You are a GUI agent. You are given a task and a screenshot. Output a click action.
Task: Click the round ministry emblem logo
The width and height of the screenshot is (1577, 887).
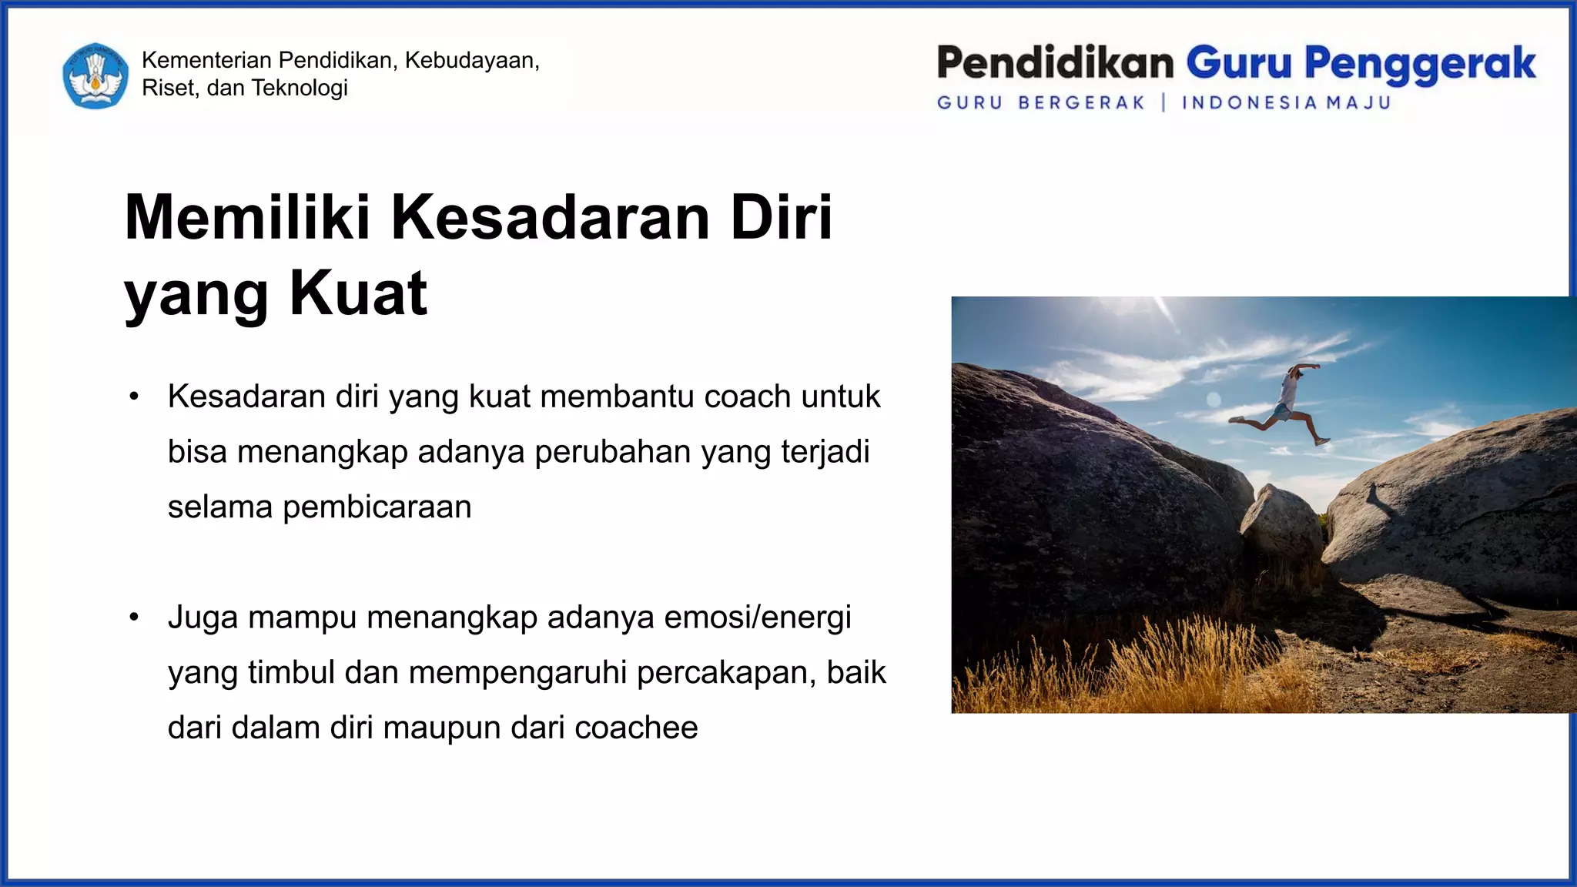(95, 75)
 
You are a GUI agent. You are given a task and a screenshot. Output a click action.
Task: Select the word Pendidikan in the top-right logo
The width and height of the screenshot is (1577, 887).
(1055, 63)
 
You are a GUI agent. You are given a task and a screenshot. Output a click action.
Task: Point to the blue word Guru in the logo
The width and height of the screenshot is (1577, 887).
(1238, 63)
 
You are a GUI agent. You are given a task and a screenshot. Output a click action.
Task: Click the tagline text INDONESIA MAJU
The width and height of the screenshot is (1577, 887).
(1286, 102)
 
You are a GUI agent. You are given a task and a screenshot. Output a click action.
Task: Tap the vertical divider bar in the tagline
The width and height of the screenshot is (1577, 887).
(1163, 102)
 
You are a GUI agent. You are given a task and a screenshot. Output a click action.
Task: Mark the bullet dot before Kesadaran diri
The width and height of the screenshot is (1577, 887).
(134, 397)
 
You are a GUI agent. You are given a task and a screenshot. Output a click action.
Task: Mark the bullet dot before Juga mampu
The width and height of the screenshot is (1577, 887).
(134, 618)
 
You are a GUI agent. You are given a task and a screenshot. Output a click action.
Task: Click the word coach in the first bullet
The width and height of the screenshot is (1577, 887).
(747, 397)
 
